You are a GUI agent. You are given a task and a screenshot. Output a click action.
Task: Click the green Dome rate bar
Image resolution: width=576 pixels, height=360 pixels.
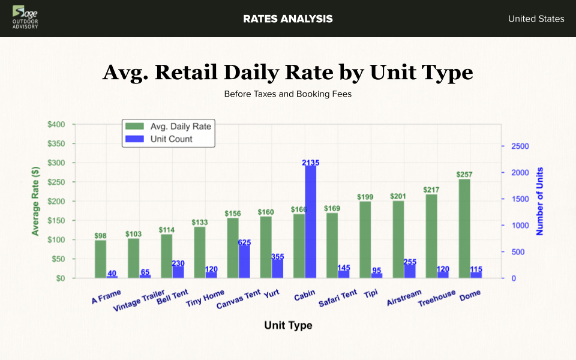[x=464, y=229]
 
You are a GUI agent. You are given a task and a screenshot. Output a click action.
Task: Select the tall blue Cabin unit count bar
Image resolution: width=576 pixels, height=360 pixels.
[x=311, y=222]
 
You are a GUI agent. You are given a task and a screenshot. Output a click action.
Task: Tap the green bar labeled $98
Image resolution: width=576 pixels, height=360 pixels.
[x=100, y=259]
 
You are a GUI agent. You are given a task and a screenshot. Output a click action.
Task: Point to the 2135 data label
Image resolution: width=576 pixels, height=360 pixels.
[x=311, y=163]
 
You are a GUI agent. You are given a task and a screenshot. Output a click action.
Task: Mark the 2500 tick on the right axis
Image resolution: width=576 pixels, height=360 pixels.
[x=520, y=146]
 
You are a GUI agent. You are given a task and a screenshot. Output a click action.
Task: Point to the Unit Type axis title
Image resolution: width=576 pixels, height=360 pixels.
[x=288, y=325]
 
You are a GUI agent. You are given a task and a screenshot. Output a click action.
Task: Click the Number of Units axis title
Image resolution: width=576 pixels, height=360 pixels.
[x=539, y=201]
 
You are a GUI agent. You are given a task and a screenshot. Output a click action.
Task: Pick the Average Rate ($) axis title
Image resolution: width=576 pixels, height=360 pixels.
[x=35, y=201]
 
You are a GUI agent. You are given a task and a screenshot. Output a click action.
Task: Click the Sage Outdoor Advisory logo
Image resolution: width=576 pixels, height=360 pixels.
[x=25, y=18]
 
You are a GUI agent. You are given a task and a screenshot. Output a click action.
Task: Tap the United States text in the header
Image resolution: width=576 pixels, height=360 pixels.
[x=536, y=19]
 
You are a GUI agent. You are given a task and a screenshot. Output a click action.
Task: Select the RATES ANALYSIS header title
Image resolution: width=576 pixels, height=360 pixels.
[x=288, y=19]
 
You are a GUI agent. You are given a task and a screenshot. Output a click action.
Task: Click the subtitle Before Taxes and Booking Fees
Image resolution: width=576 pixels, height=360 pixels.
[x=288, y=94]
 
